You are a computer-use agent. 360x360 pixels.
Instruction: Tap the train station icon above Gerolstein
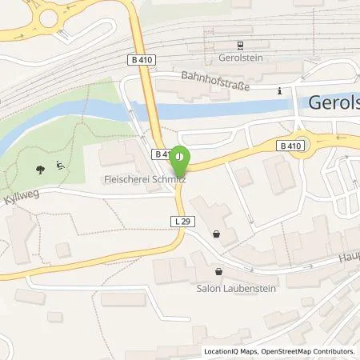[x=239, y=46]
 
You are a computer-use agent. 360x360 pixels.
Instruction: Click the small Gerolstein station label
[x=240, y=58]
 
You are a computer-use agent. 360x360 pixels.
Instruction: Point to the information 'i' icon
[x=279, y=91]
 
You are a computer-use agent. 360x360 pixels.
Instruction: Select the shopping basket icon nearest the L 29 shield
[x=217, y=234]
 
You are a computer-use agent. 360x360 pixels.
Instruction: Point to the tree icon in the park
[x=40, y=169]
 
